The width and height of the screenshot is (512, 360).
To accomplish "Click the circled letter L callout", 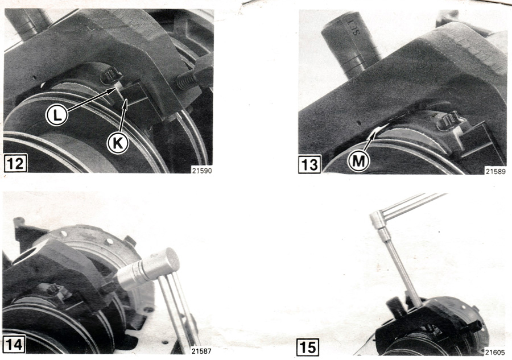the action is tap(56, 115).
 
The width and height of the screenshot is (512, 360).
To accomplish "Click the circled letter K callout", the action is tap(118, 143).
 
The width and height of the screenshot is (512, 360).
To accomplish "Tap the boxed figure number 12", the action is tap(15, 163).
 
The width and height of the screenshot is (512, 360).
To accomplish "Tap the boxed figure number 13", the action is tap(309, 164).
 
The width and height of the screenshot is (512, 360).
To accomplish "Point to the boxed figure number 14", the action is tap(14, 344).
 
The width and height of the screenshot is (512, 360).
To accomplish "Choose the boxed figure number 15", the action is tap(308, 347).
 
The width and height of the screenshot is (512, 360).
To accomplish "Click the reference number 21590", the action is tap(202, 171).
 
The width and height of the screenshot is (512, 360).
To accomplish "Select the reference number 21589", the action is tap(496, 171).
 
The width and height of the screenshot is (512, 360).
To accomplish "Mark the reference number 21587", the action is tap(201, 351).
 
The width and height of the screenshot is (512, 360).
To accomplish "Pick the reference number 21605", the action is tap(495, 352).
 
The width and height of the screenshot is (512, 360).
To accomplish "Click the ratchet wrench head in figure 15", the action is tap(378, 220).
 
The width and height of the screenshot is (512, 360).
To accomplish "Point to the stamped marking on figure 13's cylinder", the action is tap(354, 27).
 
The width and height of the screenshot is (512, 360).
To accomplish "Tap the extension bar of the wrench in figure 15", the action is tap(402, 268).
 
